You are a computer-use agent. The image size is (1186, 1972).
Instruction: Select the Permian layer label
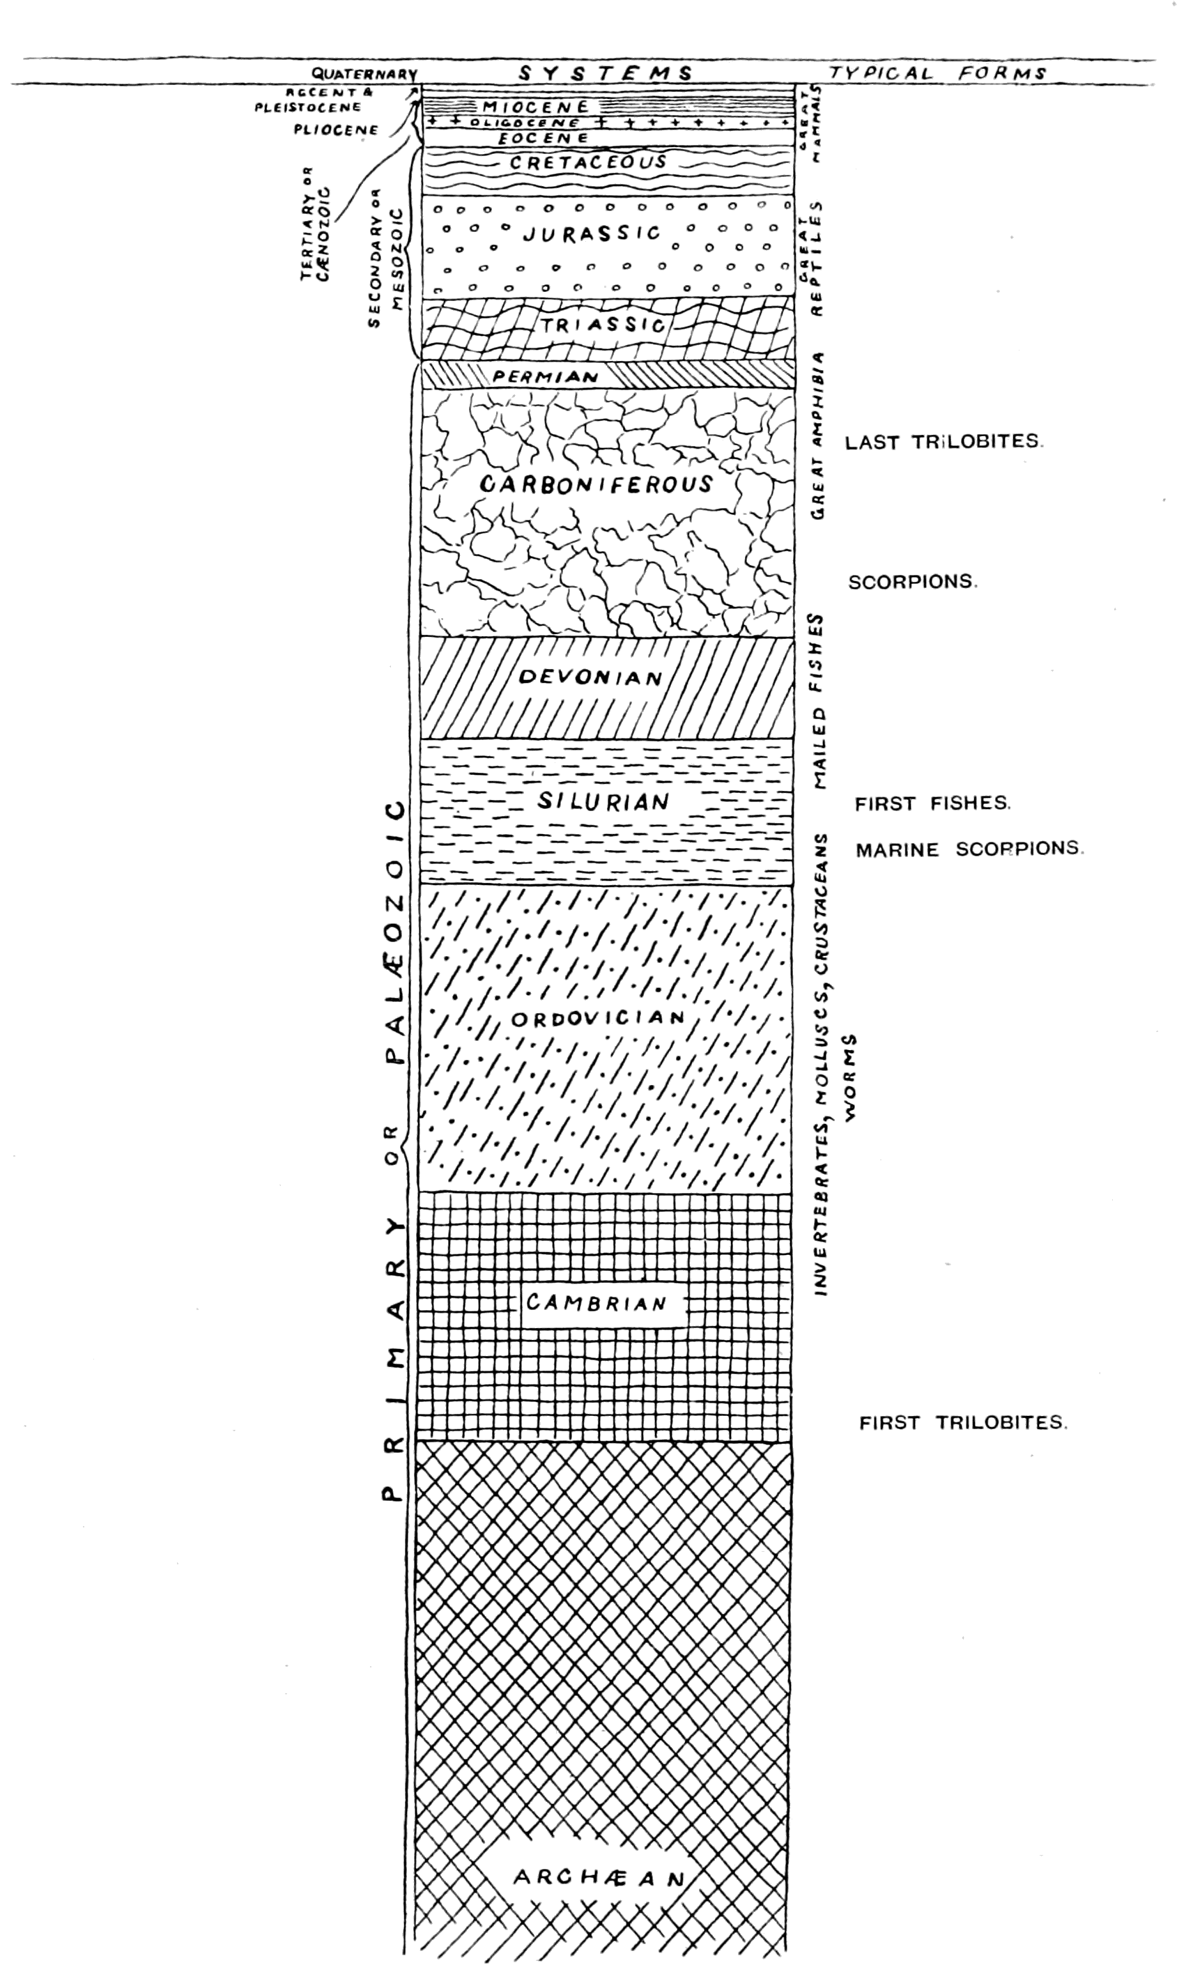click(546, 376)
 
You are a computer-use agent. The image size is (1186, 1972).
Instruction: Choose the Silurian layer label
click(603, 801)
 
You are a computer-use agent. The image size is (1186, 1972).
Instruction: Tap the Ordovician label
click(598, 1018)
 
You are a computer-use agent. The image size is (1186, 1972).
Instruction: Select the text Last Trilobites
click(944, 442)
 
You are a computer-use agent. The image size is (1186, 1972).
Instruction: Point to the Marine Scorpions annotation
click(969, 849)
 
